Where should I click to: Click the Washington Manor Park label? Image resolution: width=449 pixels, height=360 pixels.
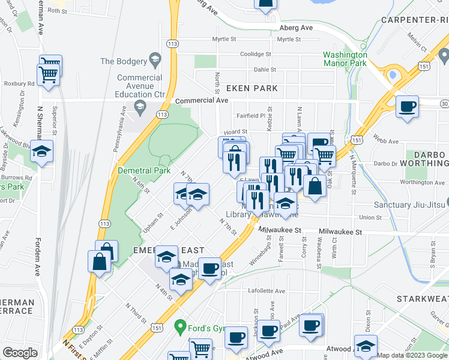click(345, 58)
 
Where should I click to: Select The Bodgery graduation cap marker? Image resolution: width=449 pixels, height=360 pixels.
click(155, 60)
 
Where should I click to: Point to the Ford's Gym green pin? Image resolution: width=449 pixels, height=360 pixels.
click(179, 327)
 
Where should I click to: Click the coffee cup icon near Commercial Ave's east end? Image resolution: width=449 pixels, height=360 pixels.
click(408, 107)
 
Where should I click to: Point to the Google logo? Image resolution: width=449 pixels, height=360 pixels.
click(20, 353)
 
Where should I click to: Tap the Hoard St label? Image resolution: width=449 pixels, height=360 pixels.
click(235, 131)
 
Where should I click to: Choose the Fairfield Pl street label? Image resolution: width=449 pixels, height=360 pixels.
click(251, 116)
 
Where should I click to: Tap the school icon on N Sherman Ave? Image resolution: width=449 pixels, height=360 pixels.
click(42, 152)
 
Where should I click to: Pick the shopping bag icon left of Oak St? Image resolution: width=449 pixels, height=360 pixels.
click(315, 186)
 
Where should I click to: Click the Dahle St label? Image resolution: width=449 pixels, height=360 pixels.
click(265, 70)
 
